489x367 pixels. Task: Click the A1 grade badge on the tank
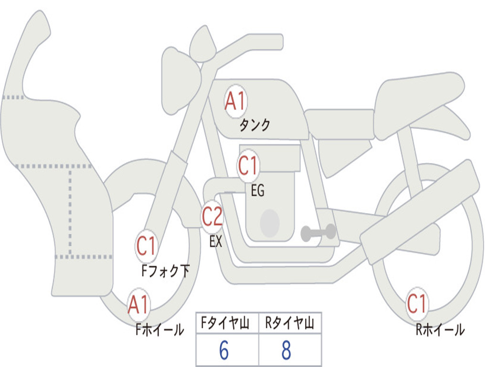[235, 101]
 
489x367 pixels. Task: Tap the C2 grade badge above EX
[212, 217]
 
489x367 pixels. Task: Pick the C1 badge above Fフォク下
[146, 247]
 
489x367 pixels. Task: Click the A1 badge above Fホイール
[138, 305]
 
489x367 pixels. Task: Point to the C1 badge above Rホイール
[416, 304]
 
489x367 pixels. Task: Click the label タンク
[255, 125]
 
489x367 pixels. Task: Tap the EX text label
[216, 242]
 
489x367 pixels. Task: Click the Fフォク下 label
[166, 271]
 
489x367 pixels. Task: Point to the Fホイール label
[159, 330]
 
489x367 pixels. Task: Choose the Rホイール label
[440, 330]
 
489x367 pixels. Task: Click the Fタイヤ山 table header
[227, 324]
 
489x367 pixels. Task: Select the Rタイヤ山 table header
[290, 324]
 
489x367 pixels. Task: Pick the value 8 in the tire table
[286, 351]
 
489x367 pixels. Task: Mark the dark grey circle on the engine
[269, 223]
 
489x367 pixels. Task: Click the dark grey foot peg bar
[318, 233]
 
